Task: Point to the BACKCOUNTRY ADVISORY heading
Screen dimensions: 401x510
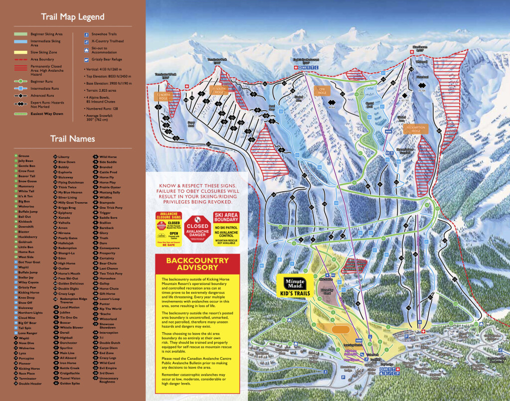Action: coord(197,264)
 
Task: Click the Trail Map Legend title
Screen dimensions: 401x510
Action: coord(72,17)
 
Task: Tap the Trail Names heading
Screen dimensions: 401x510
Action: coord(72,138)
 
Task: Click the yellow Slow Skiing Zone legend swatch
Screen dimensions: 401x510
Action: coord(21,51)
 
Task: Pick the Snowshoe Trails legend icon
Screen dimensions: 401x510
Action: coord(86,34)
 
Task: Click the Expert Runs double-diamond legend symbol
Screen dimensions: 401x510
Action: coord(21,104)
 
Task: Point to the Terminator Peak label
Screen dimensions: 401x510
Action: coord(217,60)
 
